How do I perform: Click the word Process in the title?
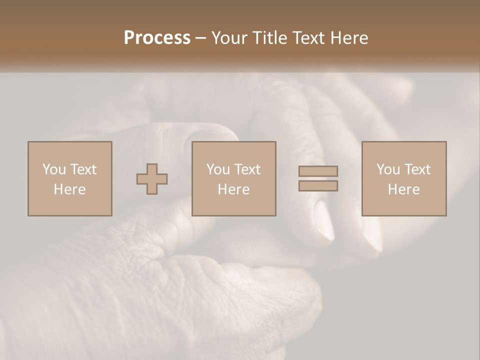[157, 38]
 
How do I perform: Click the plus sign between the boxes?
[152, 179]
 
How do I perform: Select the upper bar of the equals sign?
[318, 171]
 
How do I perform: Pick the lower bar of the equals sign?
[318, 186]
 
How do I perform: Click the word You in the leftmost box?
[53, 169]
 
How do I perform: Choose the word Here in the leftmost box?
[69, 189]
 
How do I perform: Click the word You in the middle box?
[217, 169]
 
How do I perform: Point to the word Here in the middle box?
[233, 189]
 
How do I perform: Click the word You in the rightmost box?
[387, 169]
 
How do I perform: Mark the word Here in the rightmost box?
[403, 189]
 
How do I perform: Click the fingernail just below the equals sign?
[323, 220]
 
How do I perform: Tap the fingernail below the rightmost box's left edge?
[372, 232]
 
